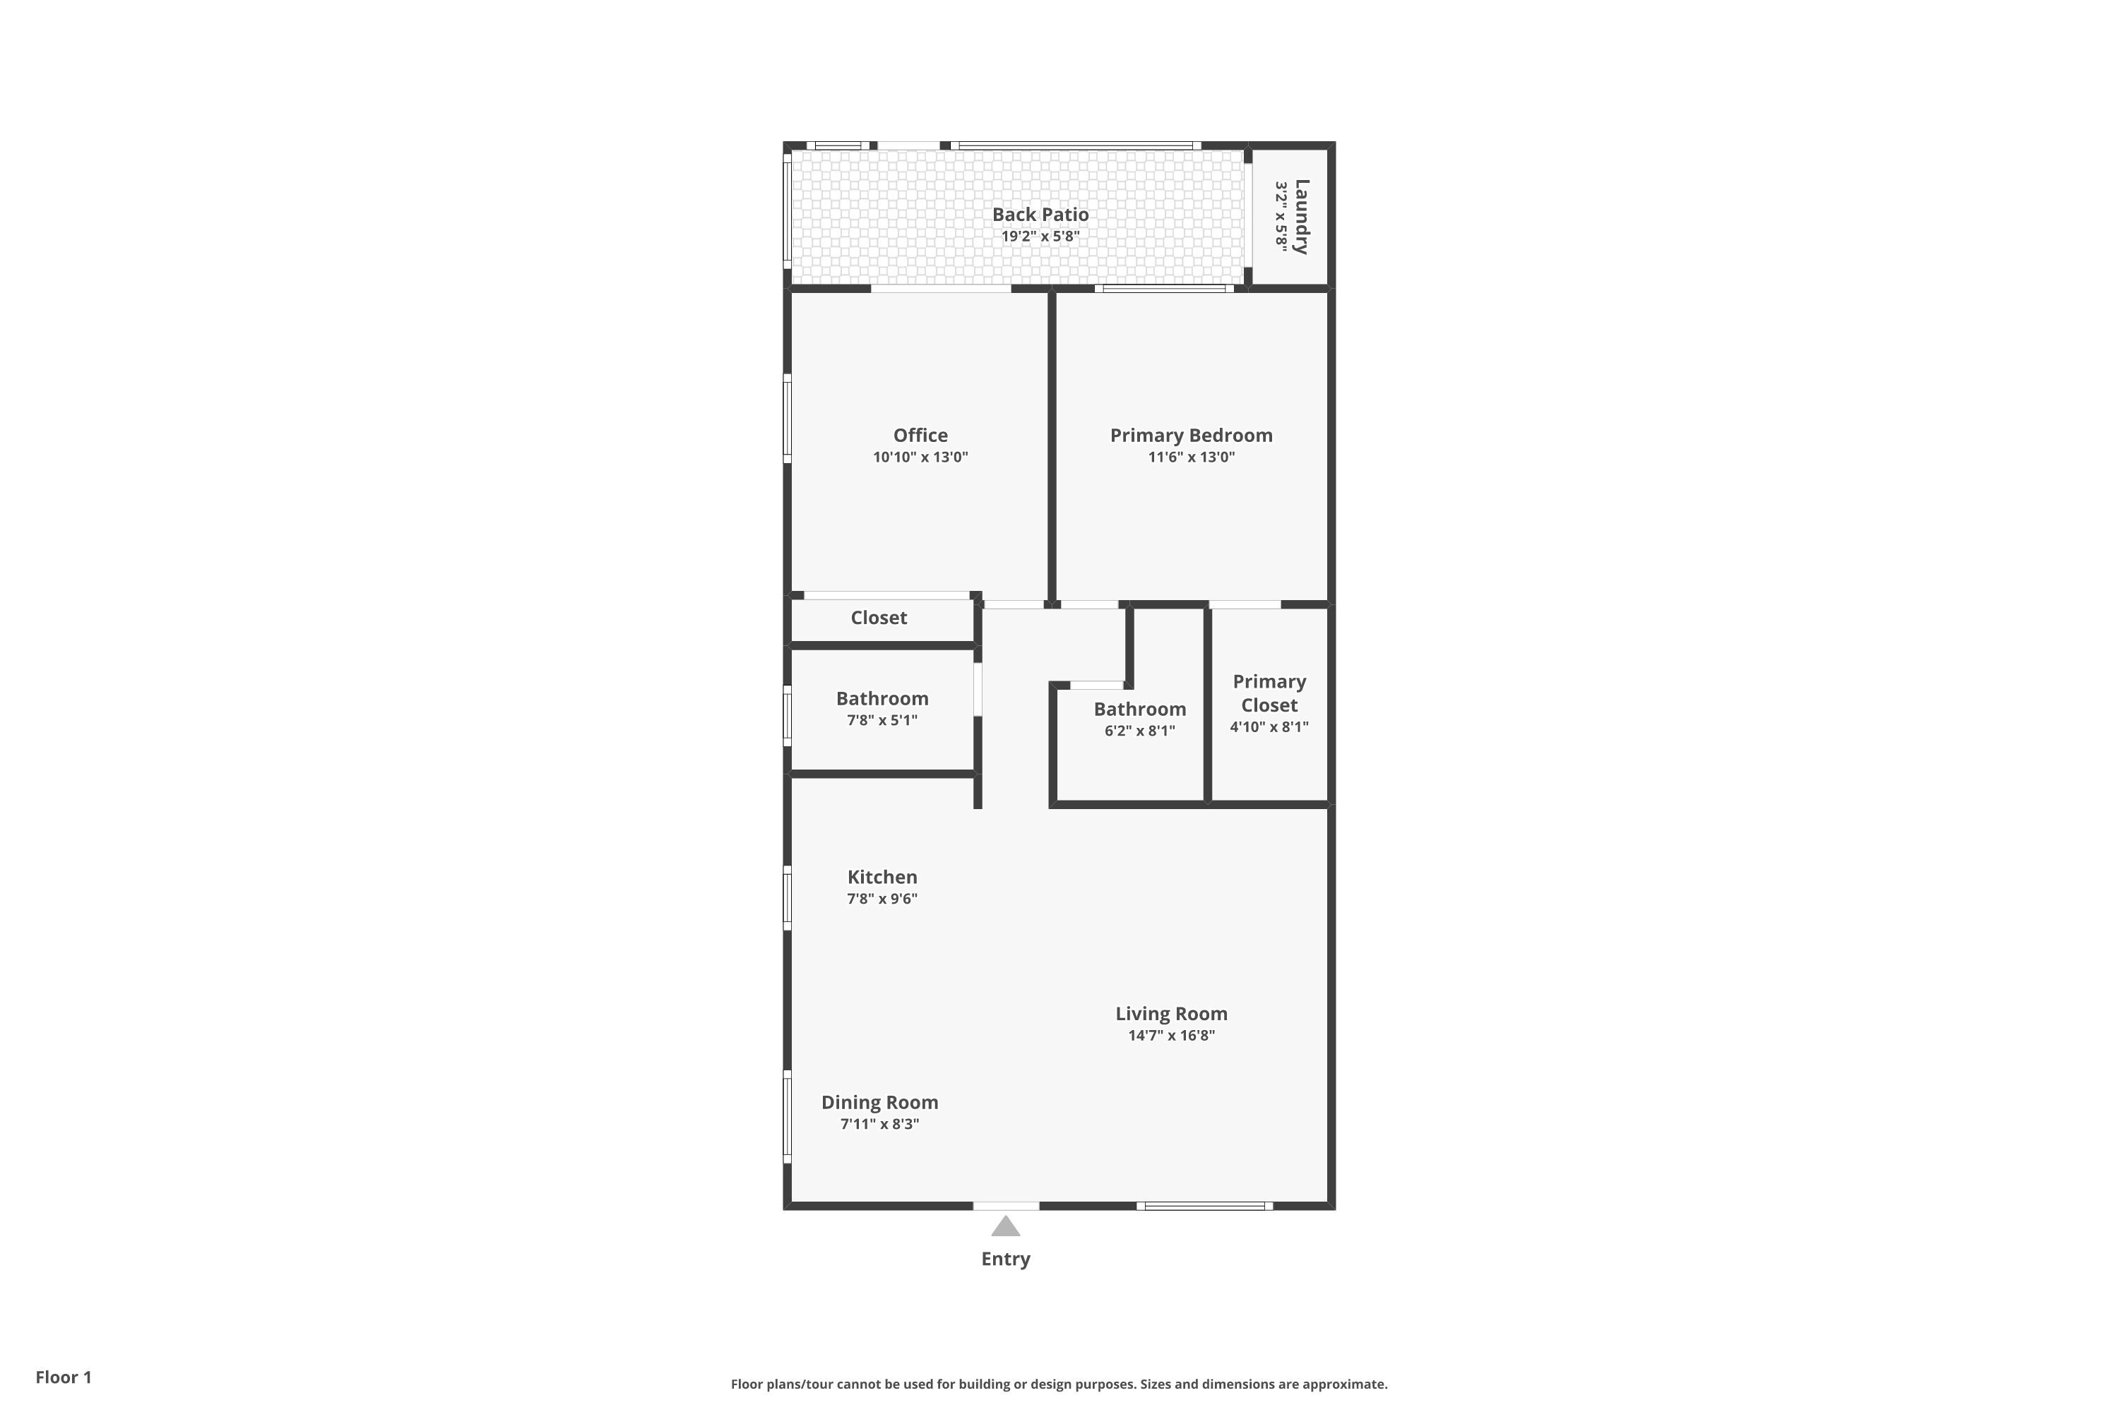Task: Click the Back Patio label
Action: (1040, 215)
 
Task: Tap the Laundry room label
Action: (1301, 217)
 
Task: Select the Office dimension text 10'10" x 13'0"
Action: (920, 457)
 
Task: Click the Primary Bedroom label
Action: (1190, 436)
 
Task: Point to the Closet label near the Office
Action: (879, 618)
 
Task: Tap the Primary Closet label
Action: (1269, 693)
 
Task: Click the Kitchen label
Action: (882, 877)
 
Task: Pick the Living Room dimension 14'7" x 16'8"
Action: (1170, 1036)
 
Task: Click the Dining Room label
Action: (879, 1102)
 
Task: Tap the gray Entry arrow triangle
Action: (1005, 1226)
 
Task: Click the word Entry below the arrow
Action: (1005, 1259)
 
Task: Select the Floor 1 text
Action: (63, 1377)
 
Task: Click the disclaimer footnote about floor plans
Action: (1059, 1384)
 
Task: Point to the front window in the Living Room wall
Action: (1204, 1206)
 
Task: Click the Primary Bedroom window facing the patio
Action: (1164, 289)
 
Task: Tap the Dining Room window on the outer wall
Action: (788, 1117)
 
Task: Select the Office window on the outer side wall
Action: (788, 419)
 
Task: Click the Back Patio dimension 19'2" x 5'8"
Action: (1040, 237)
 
